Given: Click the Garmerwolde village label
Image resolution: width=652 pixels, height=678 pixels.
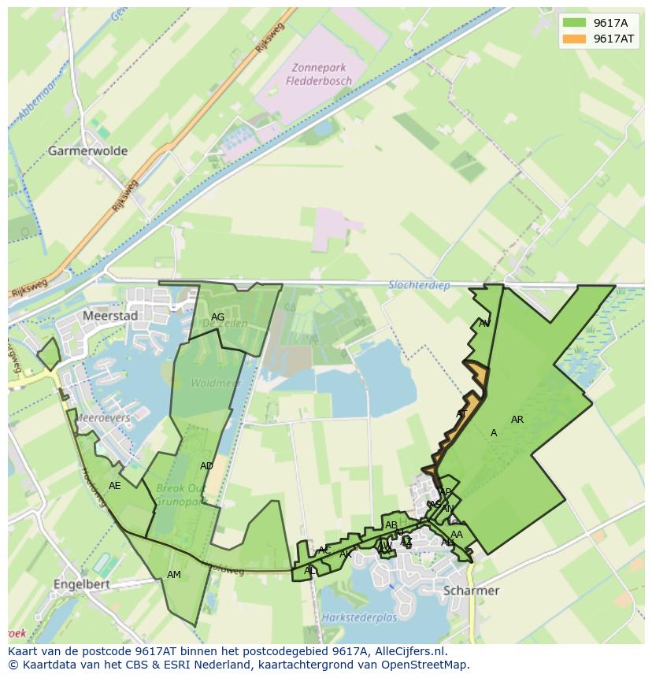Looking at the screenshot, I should click(x=87, y=150).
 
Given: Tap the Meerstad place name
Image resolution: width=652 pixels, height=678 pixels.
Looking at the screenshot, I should click(x=110, y=316).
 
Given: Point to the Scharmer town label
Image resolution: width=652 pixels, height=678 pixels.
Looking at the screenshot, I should click(x=471, y=591).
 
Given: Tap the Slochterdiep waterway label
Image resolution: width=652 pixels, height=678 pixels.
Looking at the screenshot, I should click(x=419, y=286).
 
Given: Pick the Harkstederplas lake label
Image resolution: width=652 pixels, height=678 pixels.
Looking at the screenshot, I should click(x=358, y=618).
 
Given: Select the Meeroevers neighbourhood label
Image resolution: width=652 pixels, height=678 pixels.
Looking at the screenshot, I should click(x=103, y=418).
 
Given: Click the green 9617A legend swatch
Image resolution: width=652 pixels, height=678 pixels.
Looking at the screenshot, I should click(x=576, y=23).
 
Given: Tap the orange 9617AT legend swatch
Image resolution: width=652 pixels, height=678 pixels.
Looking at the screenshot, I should click(x=576, y=39).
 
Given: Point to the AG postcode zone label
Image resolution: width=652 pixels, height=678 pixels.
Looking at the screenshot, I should click(x=218, y=317).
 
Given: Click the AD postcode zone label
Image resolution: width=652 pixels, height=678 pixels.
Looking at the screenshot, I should click(x=206, y=466).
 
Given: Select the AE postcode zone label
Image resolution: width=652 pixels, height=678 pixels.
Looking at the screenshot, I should click(x=115, y=486).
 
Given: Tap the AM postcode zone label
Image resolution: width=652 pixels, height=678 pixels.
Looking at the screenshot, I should click(x=174, y=575).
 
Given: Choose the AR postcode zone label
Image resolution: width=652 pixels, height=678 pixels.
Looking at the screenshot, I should click(x=517, y=420).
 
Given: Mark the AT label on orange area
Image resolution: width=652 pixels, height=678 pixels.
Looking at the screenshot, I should click(x=462, y=414).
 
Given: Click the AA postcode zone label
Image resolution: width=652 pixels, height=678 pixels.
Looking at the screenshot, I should click(x=457, y=535).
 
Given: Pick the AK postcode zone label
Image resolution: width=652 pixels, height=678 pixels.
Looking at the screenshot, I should click(x=345, y=554).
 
